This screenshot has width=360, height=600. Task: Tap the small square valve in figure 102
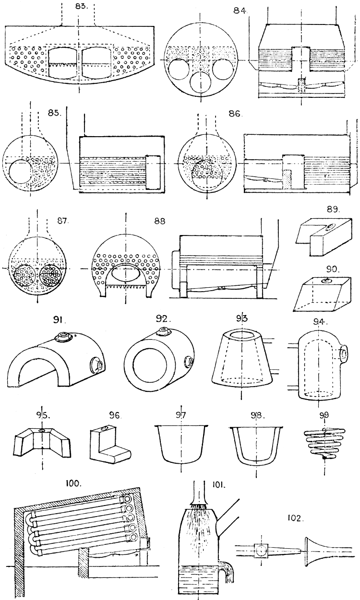click(261, 552)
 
